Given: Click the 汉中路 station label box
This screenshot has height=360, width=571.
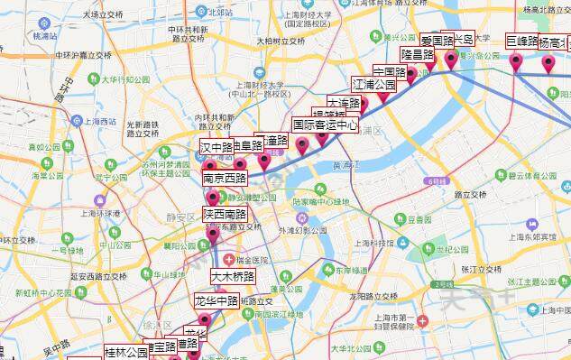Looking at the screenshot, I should click(216, 146).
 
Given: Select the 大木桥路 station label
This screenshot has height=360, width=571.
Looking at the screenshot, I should click(233, 275).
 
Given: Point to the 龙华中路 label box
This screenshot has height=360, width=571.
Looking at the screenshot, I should click(216, 300).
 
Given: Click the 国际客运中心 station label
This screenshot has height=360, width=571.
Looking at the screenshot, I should click(325, 125).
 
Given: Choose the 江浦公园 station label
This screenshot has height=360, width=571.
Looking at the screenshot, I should click(374, 84).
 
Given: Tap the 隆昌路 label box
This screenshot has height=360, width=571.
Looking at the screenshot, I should click(417, 54).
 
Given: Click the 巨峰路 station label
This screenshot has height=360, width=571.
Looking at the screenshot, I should click(521, 41).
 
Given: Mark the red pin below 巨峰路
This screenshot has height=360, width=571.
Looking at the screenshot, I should click(517, 61).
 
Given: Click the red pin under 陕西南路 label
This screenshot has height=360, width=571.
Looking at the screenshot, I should click(213, 234).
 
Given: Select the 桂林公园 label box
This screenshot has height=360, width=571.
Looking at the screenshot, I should click(125, 352).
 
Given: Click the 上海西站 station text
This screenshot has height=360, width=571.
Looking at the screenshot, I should click(97, 121).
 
